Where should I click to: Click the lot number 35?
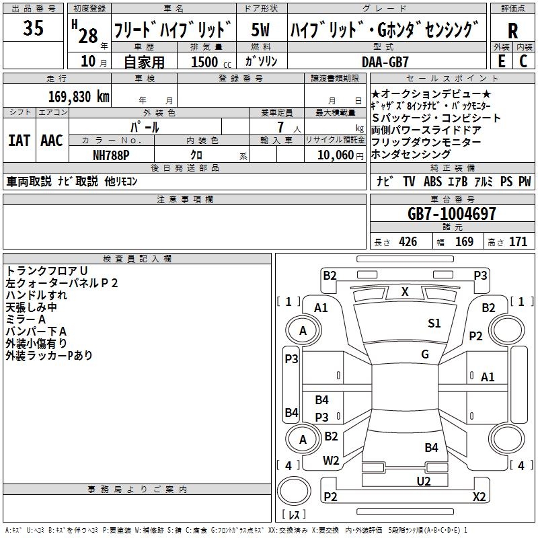(33, 28)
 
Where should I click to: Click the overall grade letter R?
(512, 31)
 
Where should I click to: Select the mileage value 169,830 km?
(79, 97)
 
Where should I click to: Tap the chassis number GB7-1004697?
(451, 214)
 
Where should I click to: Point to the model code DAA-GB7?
(385, 62)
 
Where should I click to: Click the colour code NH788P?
(111, 155)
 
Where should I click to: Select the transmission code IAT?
(20, 141)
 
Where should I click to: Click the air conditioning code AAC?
(52, 141)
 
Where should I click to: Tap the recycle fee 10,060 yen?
(340, 155)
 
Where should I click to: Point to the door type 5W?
(260, 30)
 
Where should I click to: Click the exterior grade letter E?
(502, 61)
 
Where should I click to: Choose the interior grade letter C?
(523, 61)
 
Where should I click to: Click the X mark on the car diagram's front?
(405, 292)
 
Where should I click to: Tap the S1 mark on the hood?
(434, 323)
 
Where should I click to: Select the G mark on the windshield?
(425, 354)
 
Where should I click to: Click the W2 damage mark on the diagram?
(331, 461)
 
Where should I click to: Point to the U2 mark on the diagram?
(424, 482)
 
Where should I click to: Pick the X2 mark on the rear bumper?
(479, 496)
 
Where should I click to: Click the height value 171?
(518, 242)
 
